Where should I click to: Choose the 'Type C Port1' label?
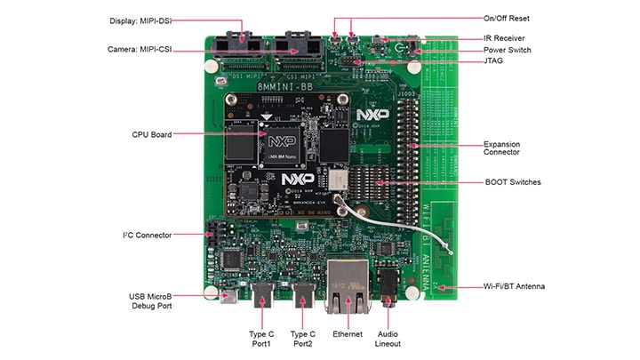264,339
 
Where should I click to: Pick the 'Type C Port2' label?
305,339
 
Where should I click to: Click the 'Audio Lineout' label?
388,339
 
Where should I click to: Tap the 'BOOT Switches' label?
512,182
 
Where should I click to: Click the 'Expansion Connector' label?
501,148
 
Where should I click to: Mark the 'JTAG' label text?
493,61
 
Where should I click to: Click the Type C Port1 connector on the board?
264,296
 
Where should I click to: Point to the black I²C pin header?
213,236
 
